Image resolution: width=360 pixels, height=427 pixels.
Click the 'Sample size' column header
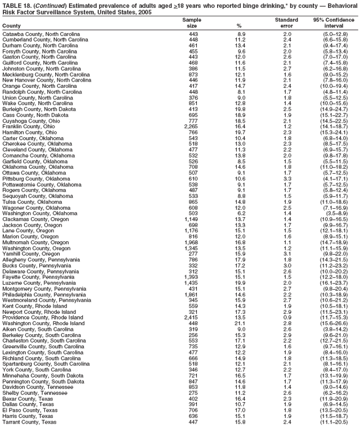click(192, 23)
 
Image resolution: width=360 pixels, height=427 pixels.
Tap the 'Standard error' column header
click(286, 23)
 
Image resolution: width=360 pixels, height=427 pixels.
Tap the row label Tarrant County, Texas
click(29, 421)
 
